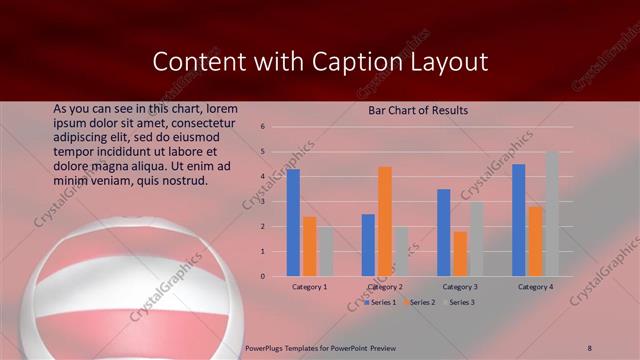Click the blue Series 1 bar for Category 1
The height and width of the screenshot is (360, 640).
click(x=293, y=222)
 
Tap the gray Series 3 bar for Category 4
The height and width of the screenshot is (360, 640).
click(x=552, y=214)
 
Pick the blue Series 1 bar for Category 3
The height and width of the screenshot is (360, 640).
click(x=443, y=232)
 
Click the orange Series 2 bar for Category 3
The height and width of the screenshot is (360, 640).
click(x=460, y=254)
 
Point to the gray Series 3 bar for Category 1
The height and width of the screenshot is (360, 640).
click(x=326, y=251)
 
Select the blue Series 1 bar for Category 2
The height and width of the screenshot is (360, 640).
click(x=368, y=245)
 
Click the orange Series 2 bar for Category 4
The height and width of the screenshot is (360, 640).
click(x=535, y=241)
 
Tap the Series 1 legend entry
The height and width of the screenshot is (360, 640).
click(x=380, y=301)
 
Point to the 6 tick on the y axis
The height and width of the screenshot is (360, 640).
click(x=261, y=127)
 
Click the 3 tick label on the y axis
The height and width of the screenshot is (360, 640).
click(x=261, y=201)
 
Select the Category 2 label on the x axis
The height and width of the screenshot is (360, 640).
click(x=385, y=287)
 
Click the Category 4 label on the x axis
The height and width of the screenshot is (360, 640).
click(x=535, y=287)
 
